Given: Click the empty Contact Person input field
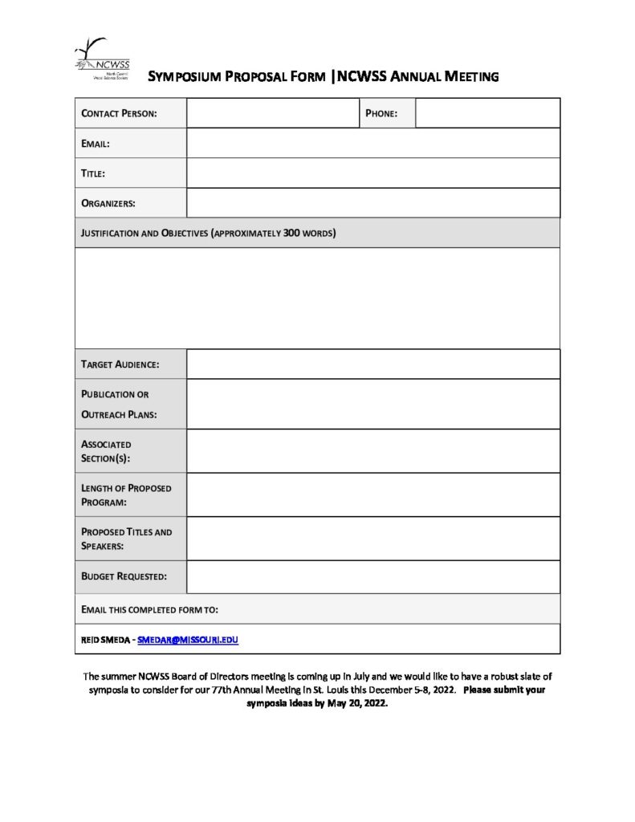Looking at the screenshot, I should [271, 113].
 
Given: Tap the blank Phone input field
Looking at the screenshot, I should [487, 113].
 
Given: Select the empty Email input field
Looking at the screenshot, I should [373, 143].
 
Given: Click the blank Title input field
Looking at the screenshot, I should [373, 173].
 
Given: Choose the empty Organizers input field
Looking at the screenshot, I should [373, 202].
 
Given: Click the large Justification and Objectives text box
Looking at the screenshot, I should [317, 298].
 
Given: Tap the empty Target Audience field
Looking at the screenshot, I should [373, 364].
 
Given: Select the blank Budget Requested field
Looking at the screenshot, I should [373, 576].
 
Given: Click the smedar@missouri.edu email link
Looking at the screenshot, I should [188, 640].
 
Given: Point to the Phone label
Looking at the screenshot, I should [381, 113].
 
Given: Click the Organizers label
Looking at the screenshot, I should [108, 203].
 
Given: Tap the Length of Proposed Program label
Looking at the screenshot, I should [126, 494].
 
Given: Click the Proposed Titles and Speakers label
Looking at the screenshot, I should [126, 539].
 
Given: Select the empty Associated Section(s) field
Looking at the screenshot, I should [373, 451].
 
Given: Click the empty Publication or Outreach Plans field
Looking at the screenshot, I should [373, 404].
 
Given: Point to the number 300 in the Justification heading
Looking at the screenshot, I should [292, 234].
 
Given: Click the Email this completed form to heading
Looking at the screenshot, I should [150, 609].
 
